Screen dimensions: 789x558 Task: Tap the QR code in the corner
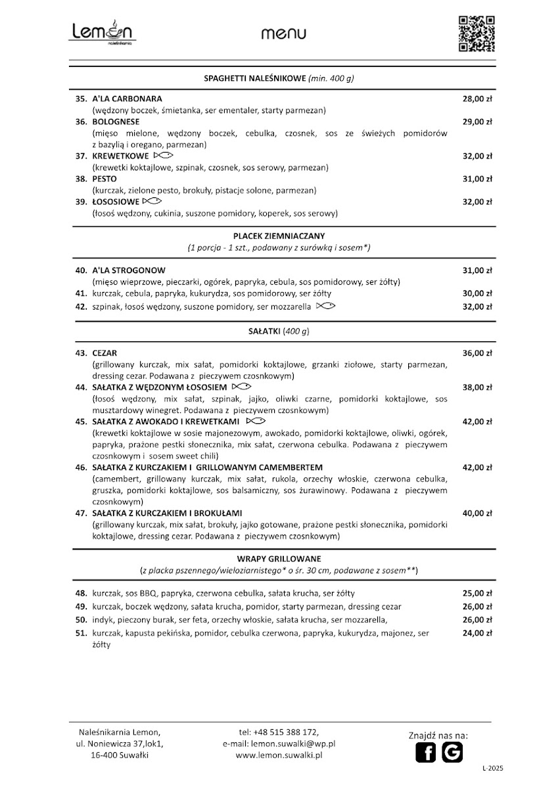[x=476, y=33]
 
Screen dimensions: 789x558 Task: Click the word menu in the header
[x=283, y=34]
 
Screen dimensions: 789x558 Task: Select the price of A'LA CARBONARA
[x=477, y=99]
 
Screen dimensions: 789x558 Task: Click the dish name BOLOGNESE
[x=116, y=122]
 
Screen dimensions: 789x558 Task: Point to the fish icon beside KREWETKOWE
[x=163, y=156]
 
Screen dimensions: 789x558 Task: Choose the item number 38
[x=81, y=179]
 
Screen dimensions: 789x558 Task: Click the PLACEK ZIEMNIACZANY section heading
[x=279, y=235]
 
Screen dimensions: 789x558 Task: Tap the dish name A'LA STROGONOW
[x=129, y=270]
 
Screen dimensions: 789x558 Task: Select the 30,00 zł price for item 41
[x=477, y=293]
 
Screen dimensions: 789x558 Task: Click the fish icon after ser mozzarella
[x=326, y=306]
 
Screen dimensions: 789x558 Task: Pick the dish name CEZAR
[x=105, y=353]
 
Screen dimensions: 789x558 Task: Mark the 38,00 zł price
[x=477, y=387]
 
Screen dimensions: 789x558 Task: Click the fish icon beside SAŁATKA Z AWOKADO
[x=256, y=421]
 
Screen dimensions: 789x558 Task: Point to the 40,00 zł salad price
[x=477, y=513]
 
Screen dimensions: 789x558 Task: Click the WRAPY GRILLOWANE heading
[x=279, y=558]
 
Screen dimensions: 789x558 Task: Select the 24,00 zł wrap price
[x=477, y=633]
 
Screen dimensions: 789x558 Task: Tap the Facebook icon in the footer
[x=426, y=752]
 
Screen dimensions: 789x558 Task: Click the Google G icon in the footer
[x=452, y=752]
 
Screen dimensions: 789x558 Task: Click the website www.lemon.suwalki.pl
[x=279, y=755]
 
